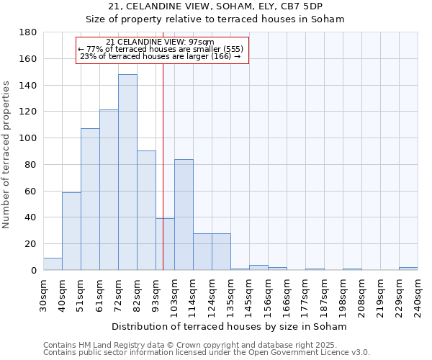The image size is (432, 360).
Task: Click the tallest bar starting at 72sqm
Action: click(x=127, y=172)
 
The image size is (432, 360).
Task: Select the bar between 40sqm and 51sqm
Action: click(x=71, y=231)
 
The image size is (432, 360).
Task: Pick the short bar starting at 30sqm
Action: click(x=53, y=264)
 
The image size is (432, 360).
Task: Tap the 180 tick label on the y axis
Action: click(x=28, y=32)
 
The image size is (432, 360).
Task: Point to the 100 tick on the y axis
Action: click(x=28, y=138)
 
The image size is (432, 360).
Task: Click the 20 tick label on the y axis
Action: click(x=31, y=244)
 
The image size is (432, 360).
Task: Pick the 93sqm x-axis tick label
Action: click(x=156, y=296)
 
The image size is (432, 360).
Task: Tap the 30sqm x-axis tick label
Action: click(x=43, y=296)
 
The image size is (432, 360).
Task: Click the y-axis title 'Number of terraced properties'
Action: click(x=7, y=155)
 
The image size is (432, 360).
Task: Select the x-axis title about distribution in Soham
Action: click(x=230, y=326)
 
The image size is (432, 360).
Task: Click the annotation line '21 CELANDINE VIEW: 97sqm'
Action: click(x=160, y=42)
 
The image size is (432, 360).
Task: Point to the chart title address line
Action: click(x=215, y=7)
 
